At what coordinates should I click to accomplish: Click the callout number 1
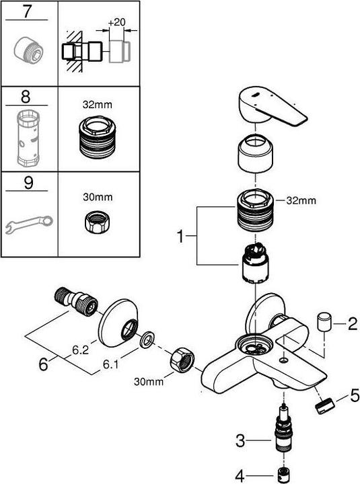click(x=180, y=237)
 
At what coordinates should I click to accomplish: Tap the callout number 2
click(x=351, y=325)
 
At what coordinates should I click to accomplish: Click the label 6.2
click(x=81, y=350)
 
